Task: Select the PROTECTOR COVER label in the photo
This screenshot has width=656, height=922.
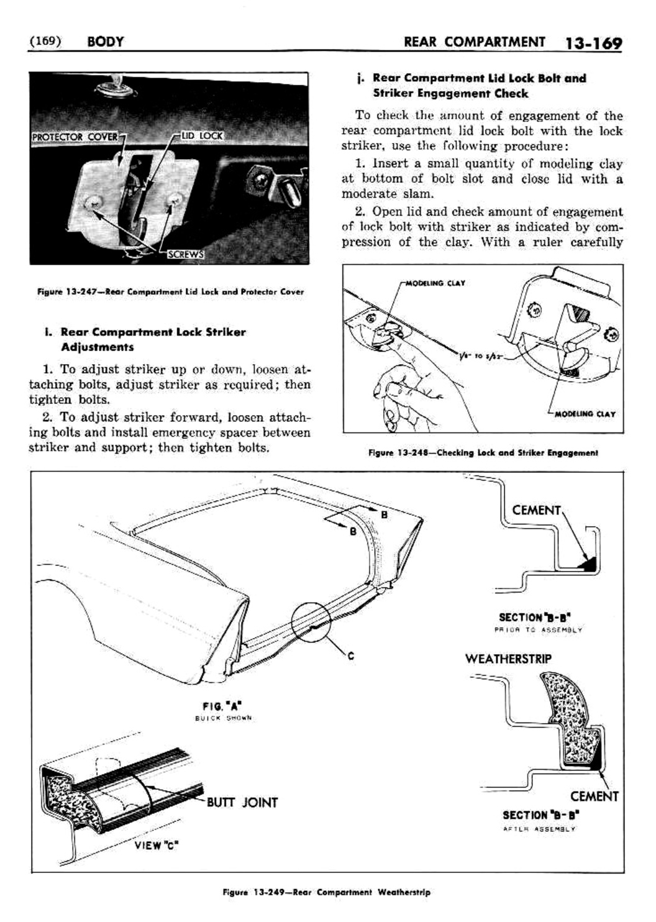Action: (75, 137)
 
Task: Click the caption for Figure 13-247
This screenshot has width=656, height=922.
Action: (170, 292)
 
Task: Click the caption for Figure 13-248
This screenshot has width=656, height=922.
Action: (483, 453)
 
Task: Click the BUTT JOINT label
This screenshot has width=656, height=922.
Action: (242, 802)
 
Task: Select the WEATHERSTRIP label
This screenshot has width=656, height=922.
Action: (508, 659)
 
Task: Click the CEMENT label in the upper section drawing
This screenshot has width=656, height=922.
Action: (536, 510)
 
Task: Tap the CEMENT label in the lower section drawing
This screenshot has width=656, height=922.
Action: (594, 796)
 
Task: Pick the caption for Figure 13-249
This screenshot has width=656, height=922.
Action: (326, 892)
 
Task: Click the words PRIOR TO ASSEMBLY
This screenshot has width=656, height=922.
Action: (539, 629)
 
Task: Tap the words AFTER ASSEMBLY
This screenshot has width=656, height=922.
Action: (539, 829)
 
